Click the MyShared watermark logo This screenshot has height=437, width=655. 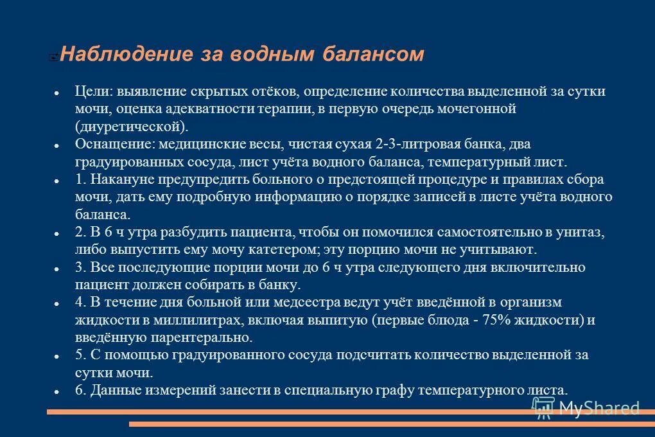pyautogui.click(x=586, y=407)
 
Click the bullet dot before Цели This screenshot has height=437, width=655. pyautogui.click(x=57, y=93)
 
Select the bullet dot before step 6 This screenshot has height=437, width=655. pyautogui.click(x=57, y=391)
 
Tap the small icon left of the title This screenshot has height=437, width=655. pyautogui.click(x=53, y=57)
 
